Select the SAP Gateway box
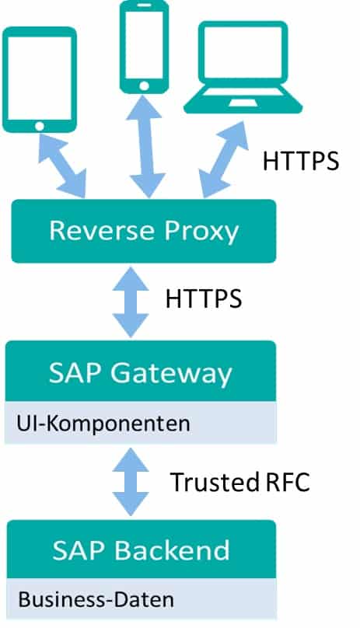point(141,374)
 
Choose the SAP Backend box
point(141,550)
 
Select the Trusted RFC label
point(239,482)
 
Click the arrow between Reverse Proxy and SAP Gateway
point(131,302)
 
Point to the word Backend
point(173,550)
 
